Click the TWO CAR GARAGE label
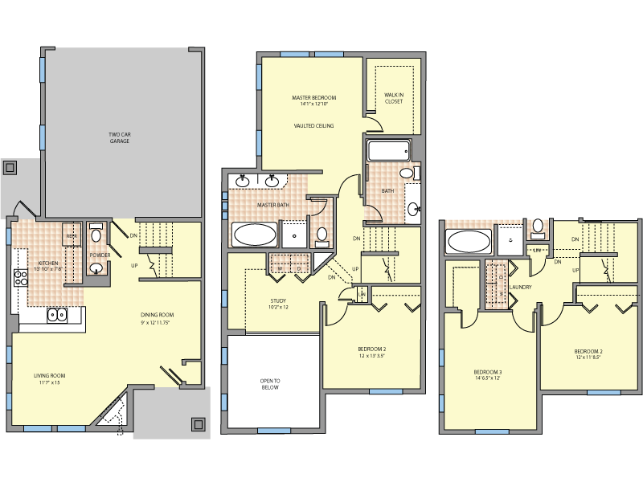(x=119, y=137)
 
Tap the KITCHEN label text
(x=49, y=263)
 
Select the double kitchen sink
(x=58, y=315)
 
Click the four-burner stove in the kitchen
(x=20, y=279)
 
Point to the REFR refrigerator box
(x=71, y=235)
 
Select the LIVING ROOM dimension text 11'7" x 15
(x=48, y=382)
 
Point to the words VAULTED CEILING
(x=313, y=126)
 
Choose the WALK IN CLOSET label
(x=394, y=99)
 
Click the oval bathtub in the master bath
(x=254, y=235)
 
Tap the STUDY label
(x=278, y=300)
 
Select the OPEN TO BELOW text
(x=268, y=384)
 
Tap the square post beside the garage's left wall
(x=10, y=168)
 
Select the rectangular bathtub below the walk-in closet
(x=388, y=151)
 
